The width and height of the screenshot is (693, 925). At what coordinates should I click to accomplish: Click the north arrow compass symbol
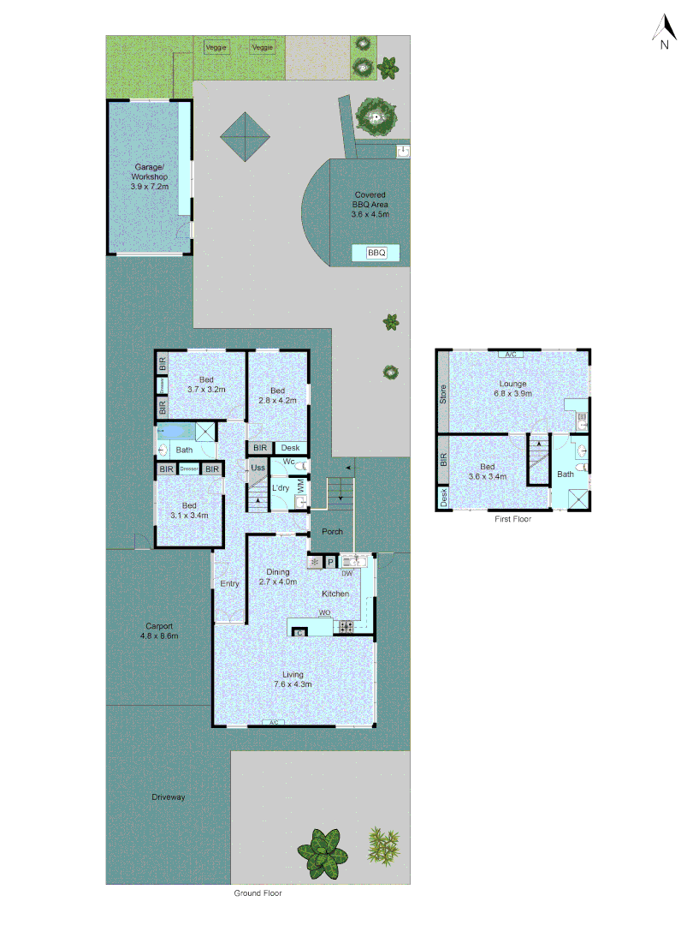664,32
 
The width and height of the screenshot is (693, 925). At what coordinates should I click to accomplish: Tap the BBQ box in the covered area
376,253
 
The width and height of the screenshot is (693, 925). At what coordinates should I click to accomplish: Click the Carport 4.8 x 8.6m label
160,630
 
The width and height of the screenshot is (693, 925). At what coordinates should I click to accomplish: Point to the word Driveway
169,797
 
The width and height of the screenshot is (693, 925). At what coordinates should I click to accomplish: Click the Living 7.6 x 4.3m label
293,679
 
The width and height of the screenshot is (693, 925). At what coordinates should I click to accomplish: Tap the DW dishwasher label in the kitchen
347,573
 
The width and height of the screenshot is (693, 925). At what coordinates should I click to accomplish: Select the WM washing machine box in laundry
300,486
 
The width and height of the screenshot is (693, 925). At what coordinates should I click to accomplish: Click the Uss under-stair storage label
258,468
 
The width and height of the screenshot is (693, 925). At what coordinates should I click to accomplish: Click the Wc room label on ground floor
288,462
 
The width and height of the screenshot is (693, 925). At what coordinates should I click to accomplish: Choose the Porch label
332,532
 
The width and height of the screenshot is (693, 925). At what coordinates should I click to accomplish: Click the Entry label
229,584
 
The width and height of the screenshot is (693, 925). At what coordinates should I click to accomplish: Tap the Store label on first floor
443,395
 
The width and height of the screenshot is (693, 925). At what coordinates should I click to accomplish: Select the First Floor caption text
513,519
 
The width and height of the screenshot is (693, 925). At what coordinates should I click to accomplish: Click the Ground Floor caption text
258,892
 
